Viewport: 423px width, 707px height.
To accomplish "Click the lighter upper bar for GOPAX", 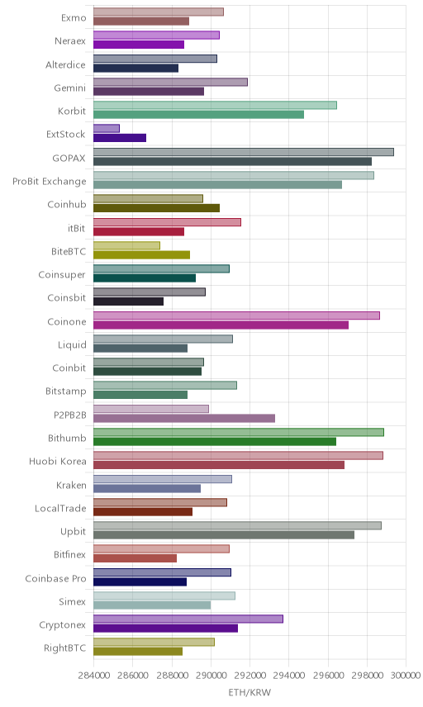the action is pos(244,152).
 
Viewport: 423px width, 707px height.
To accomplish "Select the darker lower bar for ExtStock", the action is pos(120,138).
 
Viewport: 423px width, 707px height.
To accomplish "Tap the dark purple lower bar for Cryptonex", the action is pos(165,629).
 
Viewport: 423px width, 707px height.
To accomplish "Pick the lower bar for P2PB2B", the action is pos(184,419).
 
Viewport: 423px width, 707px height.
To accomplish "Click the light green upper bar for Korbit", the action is pos(215,105).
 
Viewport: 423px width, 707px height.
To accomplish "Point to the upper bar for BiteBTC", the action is pos(126,245).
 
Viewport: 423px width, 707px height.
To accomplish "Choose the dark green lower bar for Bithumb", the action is pos(215,442).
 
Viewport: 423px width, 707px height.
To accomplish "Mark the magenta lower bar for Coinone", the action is pos(221,325).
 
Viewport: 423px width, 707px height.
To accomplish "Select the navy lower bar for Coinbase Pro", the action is pos(140,582).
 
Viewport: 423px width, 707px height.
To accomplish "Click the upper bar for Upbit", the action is pos(238,526).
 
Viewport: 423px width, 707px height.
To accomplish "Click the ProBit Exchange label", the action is pos(49,181).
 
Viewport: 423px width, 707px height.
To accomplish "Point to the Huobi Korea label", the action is pos(57,461).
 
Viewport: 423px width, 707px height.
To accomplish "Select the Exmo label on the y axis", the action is pos(74,18).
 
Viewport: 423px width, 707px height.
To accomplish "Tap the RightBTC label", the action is pos(64,648).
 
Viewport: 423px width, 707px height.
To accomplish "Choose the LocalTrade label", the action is pos(60,508).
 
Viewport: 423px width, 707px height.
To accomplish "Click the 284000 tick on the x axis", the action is pos(94,675).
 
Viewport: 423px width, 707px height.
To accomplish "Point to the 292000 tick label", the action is pos(250,675).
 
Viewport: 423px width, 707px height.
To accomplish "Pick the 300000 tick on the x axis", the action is pos(406,675).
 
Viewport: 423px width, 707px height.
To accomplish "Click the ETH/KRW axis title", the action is pos(250,693).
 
